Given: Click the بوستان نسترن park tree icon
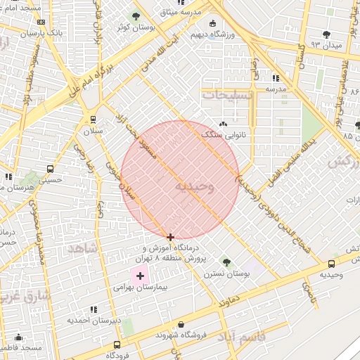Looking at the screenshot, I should (x=226, y=262).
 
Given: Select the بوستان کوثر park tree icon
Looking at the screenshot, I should (x=136, y=15).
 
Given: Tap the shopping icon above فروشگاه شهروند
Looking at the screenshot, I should (x=182, y=325).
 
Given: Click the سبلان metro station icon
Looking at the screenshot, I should (x=92, y=120).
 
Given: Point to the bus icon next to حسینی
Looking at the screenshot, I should (x=49, y=169).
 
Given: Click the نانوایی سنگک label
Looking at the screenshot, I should (x=220, y=134).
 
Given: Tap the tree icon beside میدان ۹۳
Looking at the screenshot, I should (x=326, y=34).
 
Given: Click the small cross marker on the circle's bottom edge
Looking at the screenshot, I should (x=170, y=238).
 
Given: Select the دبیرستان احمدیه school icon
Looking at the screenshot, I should (x=94, y=309).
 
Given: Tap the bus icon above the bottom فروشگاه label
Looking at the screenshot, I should (x=117, y=345).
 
